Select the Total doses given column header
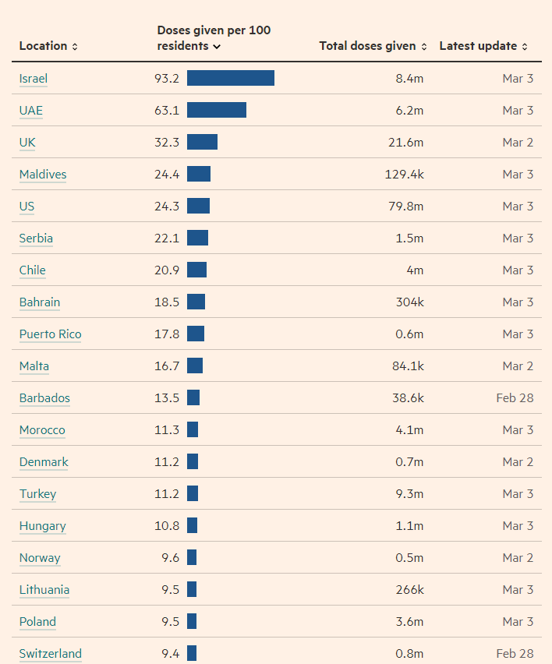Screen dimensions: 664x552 coord(373,46)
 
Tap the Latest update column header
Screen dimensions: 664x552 coord(483,46)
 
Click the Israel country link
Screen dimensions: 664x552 coord(34,79)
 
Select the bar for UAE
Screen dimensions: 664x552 coord(217,110)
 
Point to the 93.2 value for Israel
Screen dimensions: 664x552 coord(167,79)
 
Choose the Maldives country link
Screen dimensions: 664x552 coord(43,175)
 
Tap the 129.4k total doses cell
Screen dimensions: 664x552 coord(404,175)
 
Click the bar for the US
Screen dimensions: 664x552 coord(198,206)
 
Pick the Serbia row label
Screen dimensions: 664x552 coord(36,238)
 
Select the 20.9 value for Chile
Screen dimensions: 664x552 coord(167,270)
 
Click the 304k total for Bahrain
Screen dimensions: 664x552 coord(409,302)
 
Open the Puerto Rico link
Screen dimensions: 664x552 coord(50,334)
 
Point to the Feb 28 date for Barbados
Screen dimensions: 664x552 coord(515,398)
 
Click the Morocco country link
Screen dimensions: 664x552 coord(42,430)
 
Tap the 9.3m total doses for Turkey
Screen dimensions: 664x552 coord(409,494)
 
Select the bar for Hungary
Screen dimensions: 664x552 coord(193,525)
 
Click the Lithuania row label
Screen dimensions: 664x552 coord(44,590)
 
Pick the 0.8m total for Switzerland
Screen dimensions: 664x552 coord(409,654)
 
